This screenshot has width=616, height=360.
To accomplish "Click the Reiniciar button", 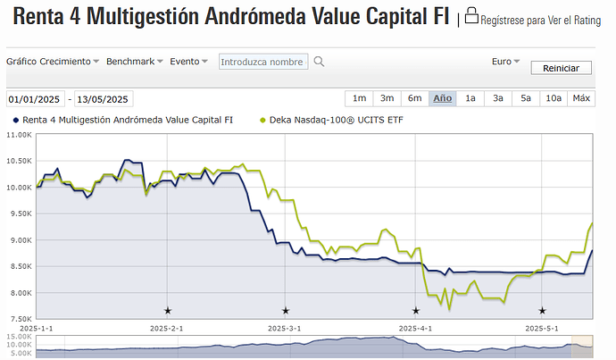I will point(561,68).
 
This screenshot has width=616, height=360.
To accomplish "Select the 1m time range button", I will point(359,98).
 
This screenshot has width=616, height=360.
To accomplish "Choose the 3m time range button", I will point(387,98).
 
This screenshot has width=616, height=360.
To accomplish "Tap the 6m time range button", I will point(414,98).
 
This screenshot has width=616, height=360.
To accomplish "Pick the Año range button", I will point(442,98).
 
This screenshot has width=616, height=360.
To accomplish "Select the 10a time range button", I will point(554,98).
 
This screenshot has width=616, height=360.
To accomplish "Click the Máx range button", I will point(581,98).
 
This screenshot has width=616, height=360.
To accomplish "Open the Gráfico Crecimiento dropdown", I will point(54,62).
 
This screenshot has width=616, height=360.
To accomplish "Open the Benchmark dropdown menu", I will point(135,62).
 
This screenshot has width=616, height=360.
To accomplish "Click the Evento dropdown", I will point(188,62).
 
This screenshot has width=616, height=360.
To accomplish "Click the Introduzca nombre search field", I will point(262,62).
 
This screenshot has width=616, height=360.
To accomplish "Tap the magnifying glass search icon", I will point(319,62).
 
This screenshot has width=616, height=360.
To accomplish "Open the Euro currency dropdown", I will point(505,62).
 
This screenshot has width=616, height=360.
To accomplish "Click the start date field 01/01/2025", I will point(37,99).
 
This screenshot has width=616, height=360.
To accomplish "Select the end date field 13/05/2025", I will point(104,99).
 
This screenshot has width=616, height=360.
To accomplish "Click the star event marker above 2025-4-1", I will point(415,311).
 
